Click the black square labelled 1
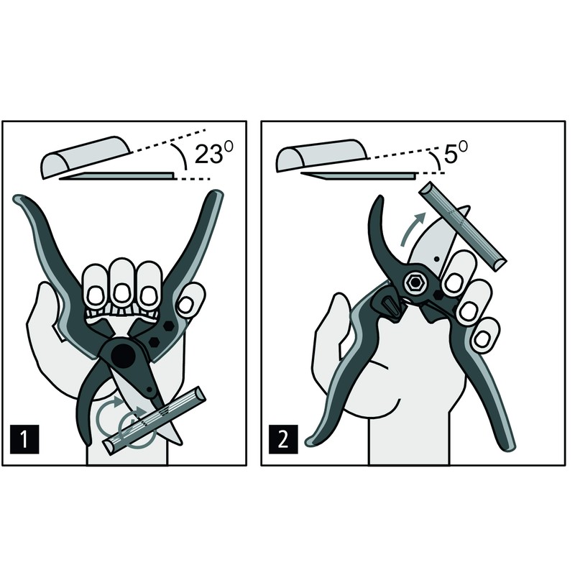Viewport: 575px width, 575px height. [x=24, y=439]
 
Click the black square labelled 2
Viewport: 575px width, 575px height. [x=283, y=439]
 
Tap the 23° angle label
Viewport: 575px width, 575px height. [x=213, y=152]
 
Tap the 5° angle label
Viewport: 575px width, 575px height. [x=456, y=152]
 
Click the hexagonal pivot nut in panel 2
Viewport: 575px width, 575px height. [x=415, y=282]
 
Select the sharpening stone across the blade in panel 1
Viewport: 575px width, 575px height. [x=155, y=420]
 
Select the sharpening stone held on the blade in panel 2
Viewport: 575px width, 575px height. [x=463, y=226]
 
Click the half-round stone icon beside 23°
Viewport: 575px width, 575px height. [x=86, y=157]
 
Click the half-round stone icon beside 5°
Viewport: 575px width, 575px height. [x=321, y=155]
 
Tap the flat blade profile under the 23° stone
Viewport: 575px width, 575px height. [x=117, y=176]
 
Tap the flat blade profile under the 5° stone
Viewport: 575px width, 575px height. [x=359, y=175]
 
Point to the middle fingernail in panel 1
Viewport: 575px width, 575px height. [x=121, y=293]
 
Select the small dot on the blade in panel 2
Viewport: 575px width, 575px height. [x=436, y=259]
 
